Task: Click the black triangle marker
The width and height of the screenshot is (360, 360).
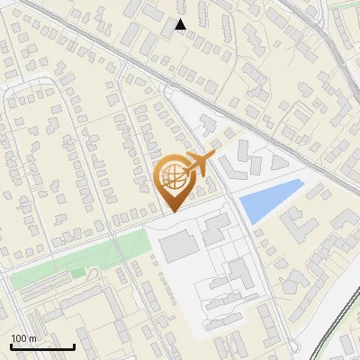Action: click(x=181, y=24)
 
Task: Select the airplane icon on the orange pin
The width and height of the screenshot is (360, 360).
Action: click(x=199, y=164)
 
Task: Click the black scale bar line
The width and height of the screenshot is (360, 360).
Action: click(x=42, y=347)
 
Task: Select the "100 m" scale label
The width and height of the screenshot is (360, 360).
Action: click(x=23, y=338)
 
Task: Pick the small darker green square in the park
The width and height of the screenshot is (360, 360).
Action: click(x=78, y=272)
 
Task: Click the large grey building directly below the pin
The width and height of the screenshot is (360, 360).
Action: click(x=178, y=245)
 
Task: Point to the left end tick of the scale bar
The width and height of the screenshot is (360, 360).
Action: click(x=11, y=346)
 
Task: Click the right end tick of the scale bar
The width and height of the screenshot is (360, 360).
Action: click(x=74, y=346)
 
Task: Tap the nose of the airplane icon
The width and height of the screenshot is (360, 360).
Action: click(x=214, y=156)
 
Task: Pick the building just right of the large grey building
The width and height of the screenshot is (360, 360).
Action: click(x=214, y=230)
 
